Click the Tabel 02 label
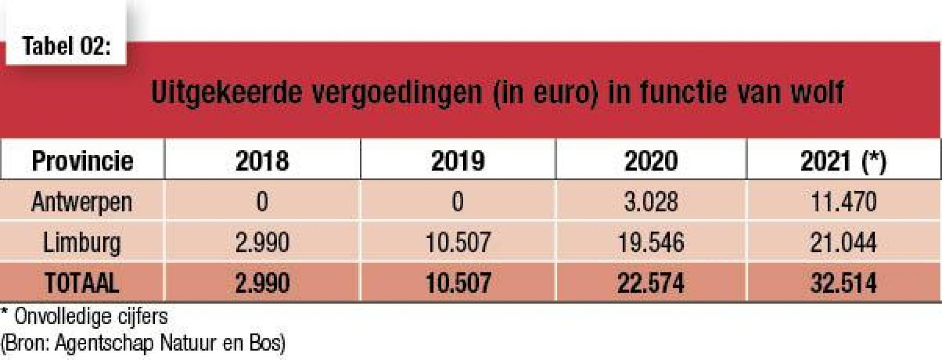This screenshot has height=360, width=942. (66, 46)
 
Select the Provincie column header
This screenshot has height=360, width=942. (82, 161)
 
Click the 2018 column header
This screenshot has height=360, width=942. (262, 161)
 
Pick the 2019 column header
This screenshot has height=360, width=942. (458, 161)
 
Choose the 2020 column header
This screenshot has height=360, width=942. (651, 161)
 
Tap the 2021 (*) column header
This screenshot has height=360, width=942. (843, 161)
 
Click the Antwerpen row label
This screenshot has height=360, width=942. (82, 202)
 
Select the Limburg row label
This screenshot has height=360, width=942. (82, 243)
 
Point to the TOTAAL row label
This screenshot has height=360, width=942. (82, 283)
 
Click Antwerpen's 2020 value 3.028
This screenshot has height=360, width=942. (651, 202)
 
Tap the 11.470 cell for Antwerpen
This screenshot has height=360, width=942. (843, 202)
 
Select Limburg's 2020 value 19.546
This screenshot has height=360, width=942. (651, 243)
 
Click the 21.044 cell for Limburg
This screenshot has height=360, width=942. (843, 243)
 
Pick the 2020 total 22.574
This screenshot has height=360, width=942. (651, 283)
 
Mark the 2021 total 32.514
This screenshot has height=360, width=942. (843, 283)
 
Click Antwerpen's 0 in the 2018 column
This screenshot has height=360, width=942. (262, 202)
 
